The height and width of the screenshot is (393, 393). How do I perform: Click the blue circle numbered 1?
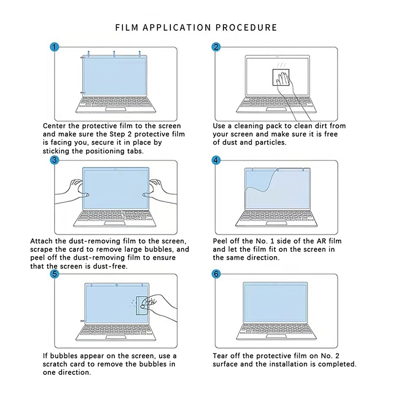click(x=55, y=47)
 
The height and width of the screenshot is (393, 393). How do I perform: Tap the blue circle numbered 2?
click(x=216, y=47)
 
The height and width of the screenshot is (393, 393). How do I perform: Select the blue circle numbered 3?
click(x=55, y=160)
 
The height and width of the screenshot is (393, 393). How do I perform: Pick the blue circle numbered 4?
click(x=216, y=160)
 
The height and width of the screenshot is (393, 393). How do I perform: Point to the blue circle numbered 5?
click(x=55, y=274)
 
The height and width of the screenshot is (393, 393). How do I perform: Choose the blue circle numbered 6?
click(x=216, y=274)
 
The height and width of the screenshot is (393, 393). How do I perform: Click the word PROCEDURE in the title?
click(x=247, y=28)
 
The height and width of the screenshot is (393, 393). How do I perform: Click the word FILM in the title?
click(x=127, y=28)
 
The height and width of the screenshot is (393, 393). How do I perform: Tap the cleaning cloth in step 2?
click(x=281, y=77)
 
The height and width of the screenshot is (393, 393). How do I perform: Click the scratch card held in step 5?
click(x=142, y=306)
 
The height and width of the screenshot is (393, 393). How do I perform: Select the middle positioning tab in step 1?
click(x=114, y=54)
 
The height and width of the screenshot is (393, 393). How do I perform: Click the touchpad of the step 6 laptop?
click(x=276, y=336)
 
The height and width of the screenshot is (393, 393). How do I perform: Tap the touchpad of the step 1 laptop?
click(x=116, y=109)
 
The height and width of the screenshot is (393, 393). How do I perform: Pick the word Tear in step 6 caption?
click(x=221, y=356)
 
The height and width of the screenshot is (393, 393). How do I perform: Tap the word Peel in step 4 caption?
click(x=220, y=241)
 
